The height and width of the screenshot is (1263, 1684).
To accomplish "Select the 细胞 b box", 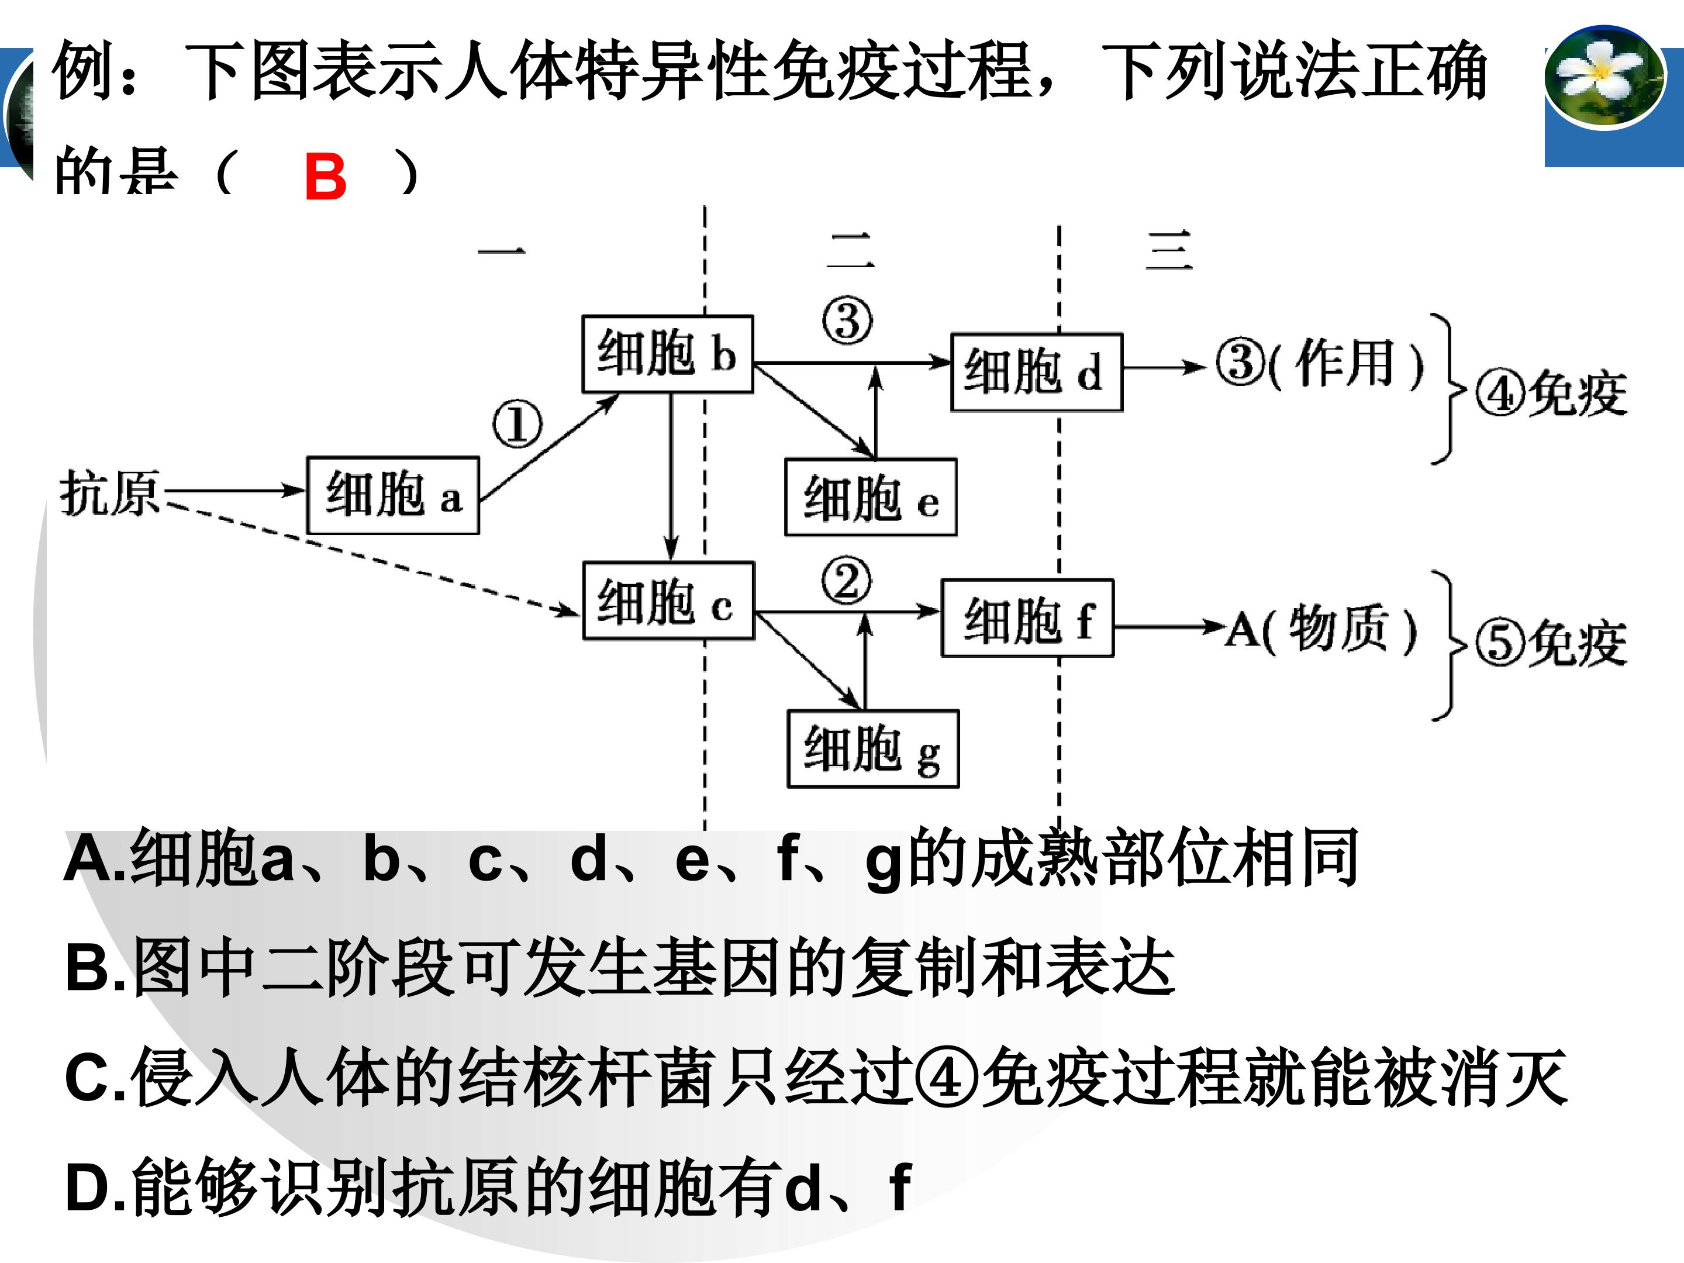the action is pyautogui.click(x=668, y=354).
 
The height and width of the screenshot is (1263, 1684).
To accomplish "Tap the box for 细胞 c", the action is pyautogui.click(x=668, y=601).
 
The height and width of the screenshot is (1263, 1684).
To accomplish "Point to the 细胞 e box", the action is pyautogui.click(x=871, y=497).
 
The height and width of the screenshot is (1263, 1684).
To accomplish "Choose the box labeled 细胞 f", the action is pyautogui.click(x=1028, y=617).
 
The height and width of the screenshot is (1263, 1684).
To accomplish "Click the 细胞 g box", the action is pyautogui.click(x=873, y=749).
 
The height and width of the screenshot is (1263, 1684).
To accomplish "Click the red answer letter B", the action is pyautogui.click(x=325, y=176).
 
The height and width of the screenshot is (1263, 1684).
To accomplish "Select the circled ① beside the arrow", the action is pyautogui.click(x=517, y=424).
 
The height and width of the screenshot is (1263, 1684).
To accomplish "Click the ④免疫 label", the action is pyautogui.click(x=1551, y=394).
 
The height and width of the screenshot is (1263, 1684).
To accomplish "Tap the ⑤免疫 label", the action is pyautogui.click(x=1551, y=642).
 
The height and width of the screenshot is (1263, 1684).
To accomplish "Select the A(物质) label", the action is pyautogui.click(x=1321, y=629).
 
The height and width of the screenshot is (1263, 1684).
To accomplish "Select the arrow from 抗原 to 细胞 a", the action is pyautogui.click(x=234, y=490).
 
